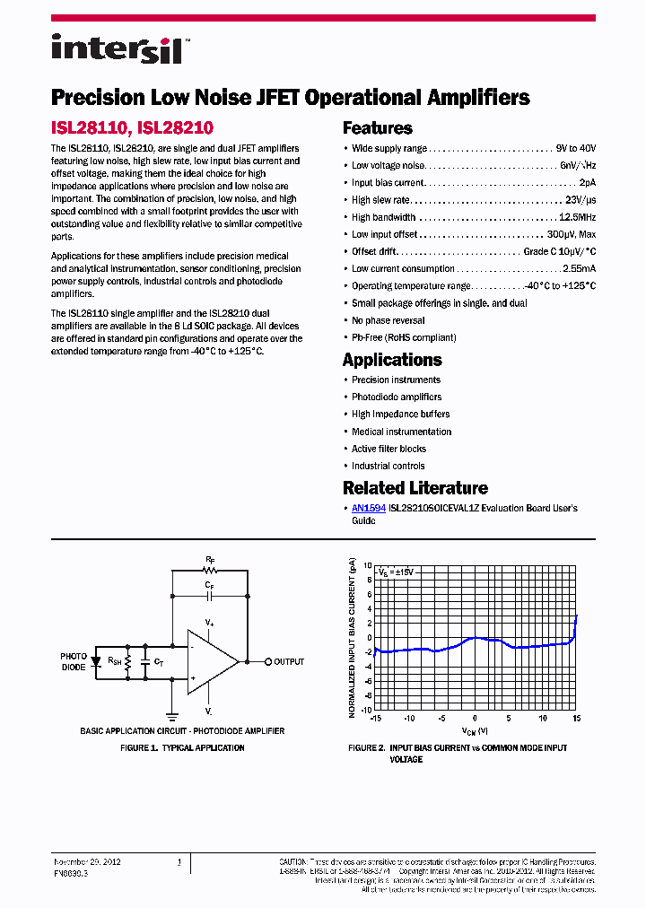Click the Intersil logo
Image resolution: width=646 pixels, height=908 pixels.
pos(118,48)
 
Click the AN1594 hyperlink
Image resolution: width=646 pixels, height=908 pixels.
pos(369,508)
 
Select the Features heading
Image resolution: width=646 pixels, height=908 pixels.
pos(378,128)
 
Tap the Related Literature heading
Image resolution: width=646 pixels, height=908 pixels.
pos(415,488)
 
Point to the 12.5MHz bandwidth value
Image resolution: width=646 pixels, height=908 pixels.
pos(578,217)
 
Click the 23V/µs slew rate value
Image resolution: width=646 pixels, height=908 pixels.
pos(581,200)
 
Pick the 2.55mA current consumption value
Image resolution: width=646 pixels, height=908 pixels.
pos(579,268)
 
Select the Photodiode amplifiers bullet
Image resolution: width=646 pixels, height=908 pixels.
pos(397,397)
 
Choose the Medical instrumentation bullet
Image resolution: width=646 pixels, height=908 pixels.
pos(401,432)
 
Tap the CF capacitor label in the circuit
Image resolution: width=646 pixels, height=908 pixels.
pos(210,584)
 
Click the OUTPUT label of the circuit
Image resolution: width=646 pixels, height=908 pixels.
pos(289,662)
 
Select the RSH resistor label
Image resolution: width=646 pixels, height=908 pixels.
pos(116,662)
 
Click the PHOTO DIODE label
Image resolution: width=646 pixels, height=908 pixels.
pos(74,662)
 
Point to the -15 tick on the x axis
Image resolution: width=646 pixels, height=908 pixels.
pos(377,719)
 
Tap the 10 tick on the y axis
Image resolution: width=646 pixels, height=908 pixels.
pos(368,567)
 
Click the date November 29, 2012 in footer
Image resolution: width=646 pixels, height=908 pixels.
pos(87,861)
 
